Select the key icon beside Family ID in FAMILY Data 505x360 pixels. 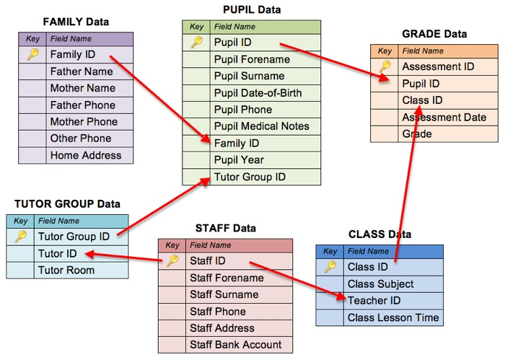tap(32, 55)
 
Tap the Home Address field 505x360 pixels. tap(86, 155)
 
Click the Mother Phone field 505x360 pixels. tap(84, 122)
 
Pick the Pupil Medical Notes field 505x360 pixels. tap(261, 126)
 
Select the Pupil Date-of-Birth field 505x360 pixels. tap(258, 93)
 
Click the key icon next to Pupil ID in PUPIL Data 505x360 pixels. tap(197, 43)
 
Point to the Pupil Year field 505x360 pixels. tap(239, 160)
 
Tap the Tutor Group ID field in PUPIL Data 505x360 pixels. tap(250, 177)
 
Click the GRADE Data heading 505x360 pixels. tap(434, 34)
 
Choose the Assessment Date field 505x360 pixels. tap(444, 118)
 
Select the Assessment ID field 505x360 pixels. tap(438, 67)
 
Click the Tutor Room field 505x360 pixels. tap(66, 271)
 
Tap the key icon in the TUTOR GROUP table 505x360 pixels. tap(21, 237)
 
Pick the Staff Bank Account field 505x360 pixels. tap(235, 345)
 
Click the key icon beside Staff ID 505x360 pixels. tap(172, 261)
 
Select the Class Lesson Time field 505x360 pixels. tap(392, 317)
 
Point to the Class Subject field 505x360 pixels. tap(380, 284)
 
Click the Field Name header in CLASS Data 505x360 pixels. tap(368, 252)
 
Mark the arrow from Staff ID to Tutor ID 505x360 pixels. tap(123, 257)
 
